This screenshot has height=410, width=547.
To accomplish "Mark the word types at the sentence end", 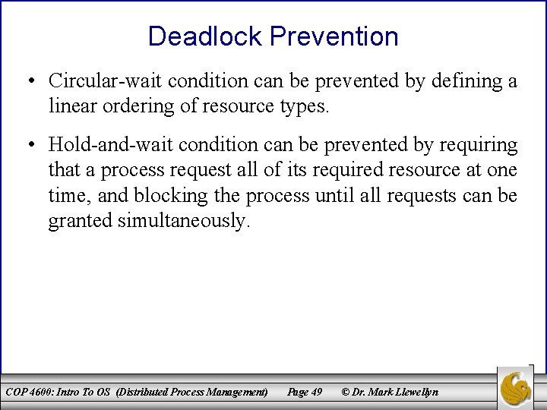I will (305, 106).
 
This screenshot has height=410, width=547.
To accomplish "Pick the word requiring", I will (480, 144).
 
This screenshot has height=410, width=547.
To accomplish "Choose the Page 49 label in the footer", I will (304, 392).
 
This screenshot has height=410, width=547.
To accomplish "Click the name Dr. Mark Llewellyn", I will (396, 392).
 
